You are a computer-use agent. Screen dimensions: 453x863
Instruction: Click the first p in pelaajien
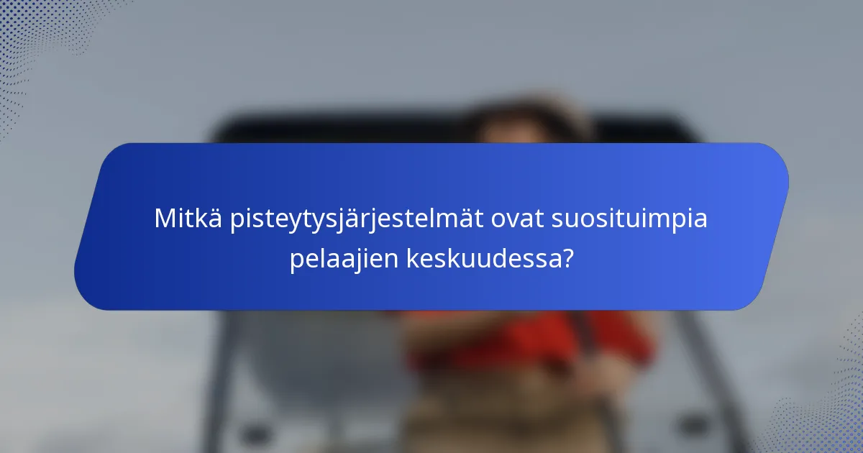point(297,261)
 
